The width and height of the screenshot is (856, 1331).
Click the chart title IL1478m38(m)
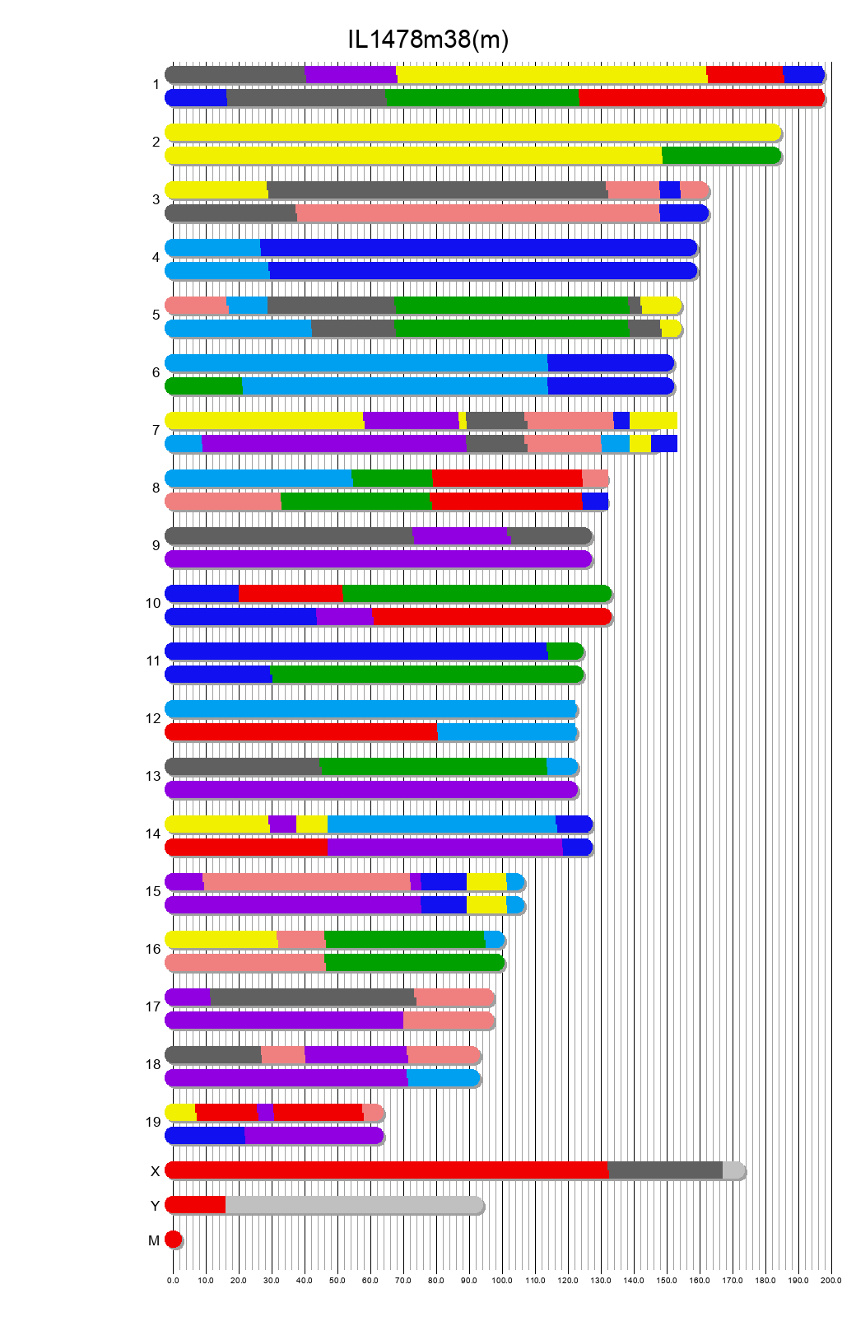427,40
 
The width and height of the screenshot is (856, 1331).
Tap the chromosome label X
155,1171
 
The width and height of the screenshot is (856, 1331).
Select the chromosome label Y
155,1206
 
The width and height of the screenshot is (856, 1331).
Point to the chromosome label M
154,1240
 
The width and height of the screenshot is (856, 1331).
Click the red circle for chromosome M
173,1240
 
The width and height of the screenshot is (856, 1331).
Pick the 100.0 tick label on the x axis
502,1280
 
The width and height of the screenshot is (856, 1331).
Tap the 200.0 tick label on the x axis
830,1280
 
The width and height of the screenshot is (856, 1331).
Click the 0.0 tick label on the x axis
173,1280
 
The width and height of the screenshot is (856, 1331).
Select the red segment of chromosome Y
196,1205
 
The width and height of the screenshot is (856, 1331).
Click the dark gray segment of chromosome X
665,1170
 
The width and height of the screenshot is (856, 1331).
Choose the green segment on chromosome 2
721,156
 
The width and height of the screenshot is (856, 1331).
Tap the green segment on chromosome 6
204,386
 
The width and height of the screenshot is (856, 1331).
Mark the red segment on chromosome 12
301,732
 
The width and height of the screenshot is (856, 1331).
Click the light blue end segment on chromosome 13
562,767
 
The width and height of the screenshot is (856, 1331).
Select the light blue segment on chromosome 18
443,1078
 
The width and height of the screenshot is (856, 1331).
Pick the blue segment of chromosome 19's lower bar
206,1136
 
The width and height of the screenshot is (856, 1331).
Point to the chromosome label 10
153,603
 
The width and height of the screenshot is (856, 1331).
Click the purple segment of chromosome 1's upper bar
351,75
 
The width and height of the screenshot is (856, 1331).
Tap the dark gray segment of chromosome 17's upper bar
313,997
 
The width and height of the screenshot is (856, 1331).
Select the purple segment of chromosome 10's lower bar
344,617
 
